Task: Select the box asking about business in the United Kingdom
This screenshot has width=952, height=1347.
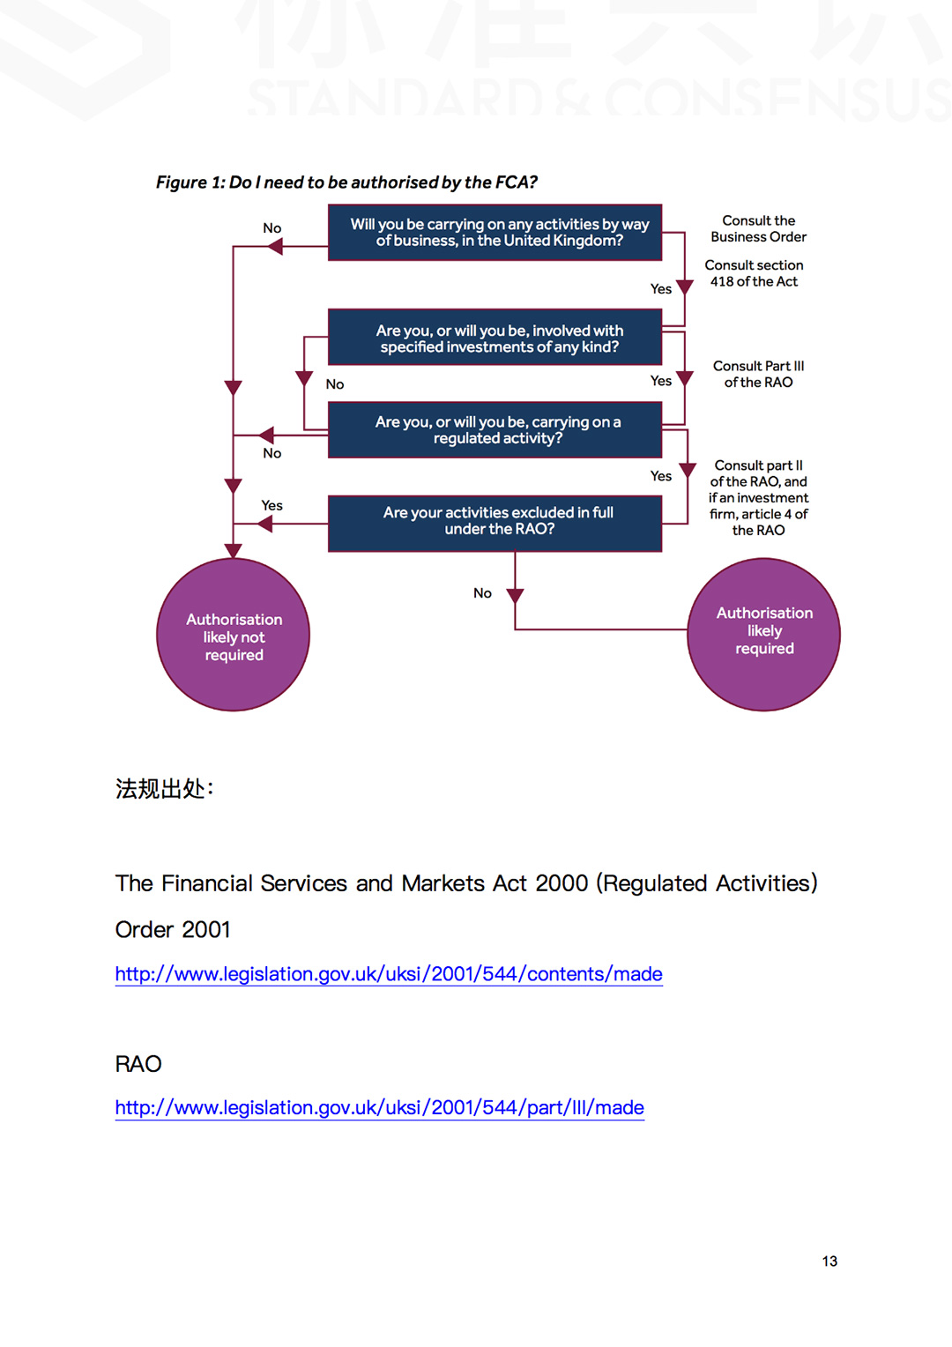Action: (x=495, y=233)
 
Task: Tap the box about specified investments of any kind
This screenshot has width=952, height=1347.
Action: (x=495, y=338)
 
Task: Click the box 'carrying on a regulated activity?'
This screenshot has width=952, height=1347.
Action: (x=495, y=430)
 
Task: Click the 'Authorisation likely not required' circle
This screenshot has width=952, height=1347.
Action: (x=234, y=635)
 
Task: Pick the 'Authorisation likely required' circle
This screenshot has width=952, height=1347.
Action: (x=763, y=635)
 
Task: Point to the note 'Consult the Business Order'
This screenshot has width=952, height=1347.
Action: (x=758, y=229)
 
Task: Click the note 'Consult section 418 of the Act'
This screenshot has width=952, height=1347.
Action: (x=755, y=273)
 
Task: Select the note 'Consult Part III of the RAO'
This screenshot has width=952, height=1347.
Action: (x=758, y=374)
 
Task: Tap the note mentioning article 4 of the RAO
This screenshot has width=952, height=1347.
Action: (x=758, y=498)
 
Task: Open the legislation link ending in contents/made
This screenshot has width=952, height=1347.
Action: (x=389, y=974)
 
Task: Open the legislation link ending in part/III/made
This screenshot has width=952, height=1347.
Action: (x=379, y=1108)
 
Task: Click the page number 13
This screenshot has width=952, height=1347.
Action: (x=829, y=1261)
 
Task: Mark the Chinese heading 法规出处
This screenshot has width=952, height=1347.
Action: (x=164, y=788)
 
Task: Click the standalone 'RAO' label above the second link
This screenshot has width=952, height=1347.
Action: (x=138, y=1064)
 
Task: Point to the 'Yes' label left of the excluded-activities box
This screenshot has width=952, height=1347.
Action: (x=271, y=506)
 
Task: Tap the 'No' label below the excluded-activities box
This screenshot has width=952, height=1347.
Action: (x=482, y=593)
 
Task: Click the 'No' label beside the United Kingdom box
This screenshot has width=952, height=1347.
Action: (x=271, y=228)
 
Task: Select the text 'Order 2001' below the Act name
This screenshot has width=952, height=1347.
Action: (x=173, y=930)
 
